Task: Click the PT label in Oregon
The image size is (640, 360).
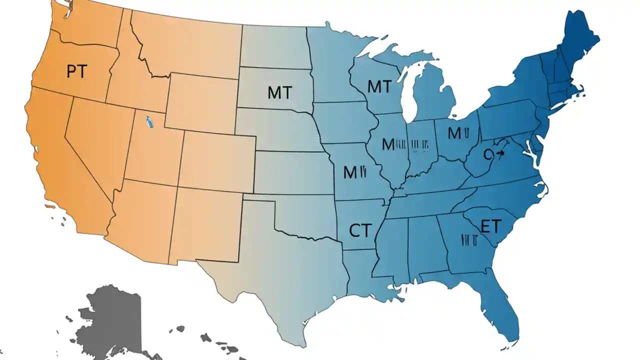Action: (x=76, y=71)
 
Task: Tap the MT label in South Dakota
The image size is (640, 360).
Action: (x=280, y=92)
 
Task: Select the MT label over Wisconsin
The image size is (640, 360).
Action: (x=379, y=86)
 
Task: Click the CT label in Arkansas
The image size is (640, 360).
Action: (x=360, y=230)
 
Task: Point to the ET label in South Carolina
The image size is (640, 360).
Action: (x=490, y=226)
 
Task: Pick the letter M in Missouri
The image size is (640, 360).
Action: (x=350, y=172)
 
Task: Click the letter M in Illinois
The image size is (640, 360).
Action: (x=388, y=144)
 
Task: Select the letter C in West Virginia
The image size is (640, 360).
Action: (x=488, y=155)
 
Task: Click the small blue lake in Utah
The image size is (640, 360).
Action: (x=148, y=122)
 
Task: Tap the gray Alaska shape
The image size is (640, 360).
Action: (x=112, y=320)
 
